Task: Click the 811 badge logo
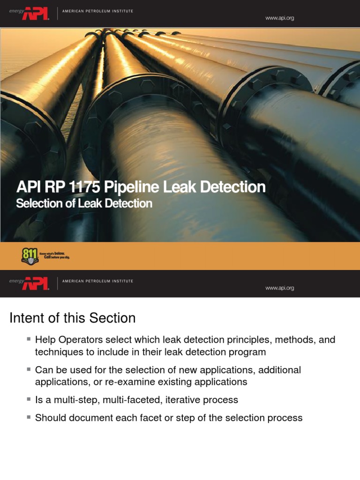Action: [29, 255]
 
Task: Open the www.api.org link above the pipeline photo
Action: [280, 18]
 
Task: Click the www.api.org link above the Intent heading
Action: [280, 288]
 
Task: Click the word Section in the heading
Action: [112, 318]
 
